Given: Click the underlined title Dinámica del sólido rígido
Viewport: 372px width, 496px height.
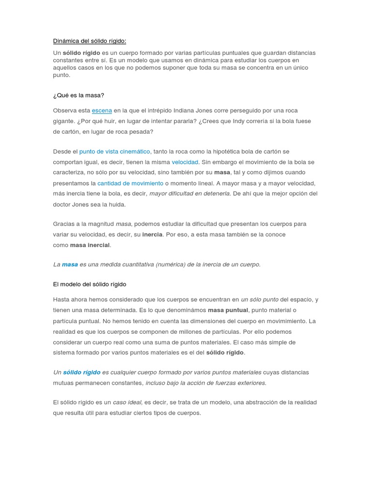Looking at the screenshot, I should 90,41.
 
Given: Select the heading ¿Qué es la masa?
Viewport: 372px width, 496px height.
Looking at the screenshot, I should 78,95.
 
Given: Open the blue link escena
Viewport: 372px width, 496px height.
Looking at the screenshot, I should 102,110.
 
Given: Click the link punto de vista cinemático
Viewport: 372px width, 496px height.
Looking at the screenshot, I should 115,152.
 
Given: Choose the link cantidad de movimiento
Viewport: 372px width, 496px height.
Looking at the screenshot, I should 130,184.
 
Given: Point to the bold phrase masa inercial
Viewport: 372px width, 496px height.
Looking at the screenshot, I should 90,245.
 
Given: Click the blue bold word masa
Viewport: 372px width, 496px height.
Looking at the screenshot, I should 70,264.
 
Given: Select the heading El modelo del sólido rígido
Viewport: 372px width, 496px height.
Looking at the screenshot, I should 90,284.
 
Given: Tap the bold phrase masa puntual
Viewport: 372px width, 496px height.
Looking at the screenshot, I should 228,310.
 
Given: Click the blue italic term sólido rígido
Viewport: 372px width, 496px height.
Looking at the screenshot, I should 82,372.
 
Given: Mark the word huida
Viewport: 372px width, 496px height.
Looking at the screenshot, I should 117,204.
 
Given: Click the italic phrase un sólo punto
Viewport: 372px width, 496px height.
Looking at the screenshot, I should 260,300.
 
